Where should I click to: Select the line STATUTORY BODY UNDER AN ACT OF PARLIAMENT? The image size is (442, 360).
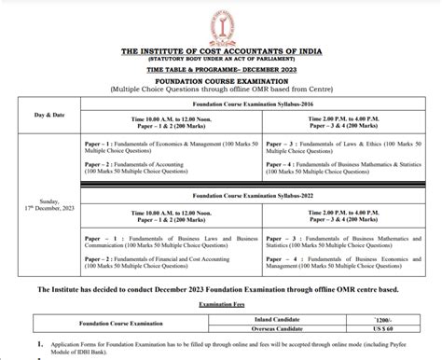pyautogui.click(x=221, y=61)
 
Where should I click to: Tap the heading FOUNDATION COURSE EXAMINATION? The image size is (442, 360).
pyautogui.click(x=221, y=81)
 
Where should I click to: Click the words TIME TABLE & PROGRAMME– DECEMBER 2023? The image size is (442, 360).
pyautogui.click(x=221, y=70)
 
